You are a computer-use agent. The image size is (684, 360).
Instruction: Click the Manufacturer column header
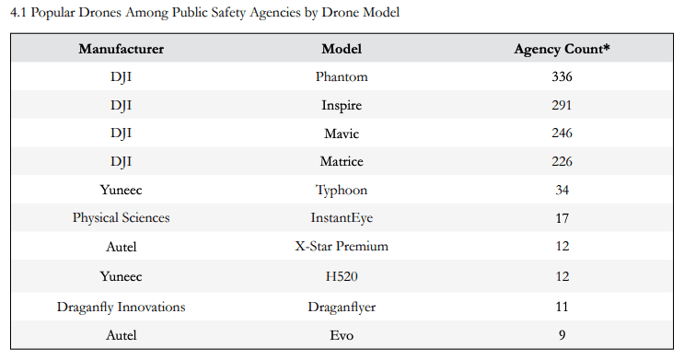pos(121,49)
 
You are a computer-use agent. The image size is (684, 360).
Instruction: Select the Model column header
pos(341,49)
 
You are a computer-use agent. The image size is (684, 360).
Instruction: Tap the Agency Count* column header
pos(562,49)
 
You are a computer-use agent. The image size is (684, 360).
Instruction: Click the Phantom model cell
pos(341,76)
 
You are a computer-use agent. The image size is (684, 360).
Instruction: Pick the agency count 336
pos(562,76)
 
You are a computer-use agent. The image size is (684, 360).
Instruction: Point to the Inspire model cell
pos(341,105)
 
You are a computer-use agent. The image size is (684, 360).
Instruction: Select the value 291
pos(562,105)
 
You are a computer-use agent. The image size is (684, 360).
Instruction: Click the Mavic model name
pos(341,134)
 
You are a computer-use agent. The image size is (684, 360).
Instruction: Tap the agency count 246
pos(562,134)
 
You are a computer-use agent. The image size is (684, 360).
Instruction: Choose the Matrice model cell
pos(341,162)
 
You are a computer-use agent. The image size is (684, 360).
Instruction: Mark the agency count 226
pos(562,162)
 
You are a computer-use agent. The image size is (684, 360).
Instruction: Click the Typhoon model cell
pos(341,190)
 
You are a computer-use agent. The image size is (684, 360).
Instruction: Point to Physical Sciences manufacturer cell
pos(121,218)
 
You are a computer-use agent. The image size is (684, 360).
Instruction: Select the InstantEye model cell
pos(341,218)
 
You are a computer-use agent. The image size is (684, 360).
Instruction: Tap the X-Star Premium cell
pos(341,247)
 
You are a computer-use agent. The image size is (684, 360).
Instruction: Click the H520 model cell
pos(341,275)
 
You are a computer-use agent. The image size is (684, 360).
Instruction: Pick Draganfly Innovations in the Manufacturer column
pos(121,307)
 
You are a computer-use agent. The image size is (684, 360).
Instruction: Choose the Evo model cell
pos(341,335)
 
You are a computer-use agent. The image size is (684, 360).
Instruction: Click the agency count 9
pos(562,335)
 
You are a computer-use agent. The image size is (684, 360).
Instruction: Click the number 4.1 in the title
pos(18,13)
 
